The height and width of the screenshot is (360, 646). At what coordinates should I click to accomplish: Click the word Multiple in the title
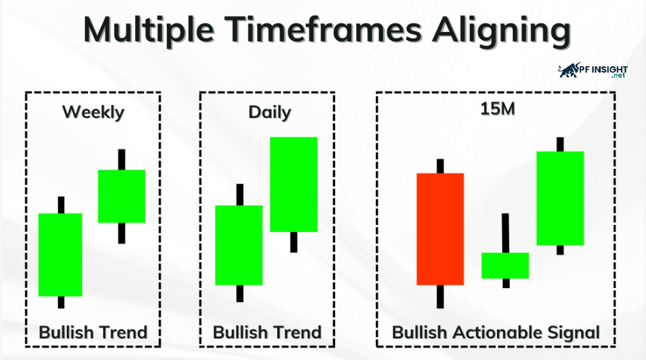(x=148, y=31)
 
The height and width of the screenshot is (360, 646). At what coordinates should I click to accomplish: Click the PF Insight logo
(x=593, y=71)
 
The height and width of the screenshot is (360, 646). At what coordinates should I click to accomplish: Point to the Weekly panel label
(x=93, y=112)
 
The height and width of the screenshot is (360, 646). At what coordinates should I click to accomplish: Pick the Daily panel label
(x=269, y=112)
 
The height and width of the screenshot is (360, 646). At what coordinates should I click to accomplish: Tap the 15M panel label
(x=498, y=109)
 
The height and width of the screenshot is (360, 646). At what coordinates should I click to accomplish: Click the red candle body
(x=440, y=229)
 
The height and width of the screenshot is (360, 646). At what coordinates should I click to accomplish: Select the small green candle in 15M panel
(x=505, y=266)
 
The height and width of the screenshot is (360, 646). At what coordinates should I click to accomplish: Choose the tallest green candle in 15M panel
(x=560, y=198)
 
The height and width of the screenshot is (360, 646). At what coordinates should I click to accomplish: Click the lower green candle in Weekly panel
(x=60, y=255)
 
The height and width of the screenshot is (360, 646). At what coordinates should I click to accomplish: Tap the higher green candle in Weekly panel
(x=122, y=196)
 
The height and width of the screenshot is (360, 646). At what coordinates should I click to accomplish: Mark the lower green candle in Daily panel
(x=238, y=245)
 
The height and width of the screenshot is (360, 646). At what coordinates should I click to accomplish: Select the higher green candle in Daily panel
(x=294, y=184)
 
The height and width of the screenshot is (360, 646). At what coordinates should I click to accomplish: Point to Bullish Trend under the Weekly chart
(x=93, y=333)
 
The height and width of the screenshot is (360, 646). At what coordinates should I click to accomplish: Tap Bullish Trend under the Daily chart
(x=267, y=333)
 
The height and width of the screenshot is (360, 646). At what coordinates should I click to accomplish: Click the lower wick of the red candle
(x=440, y=296)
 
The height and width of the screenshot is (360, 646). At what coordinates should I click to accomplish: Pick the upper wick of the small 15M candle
(x=505, y=233)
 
